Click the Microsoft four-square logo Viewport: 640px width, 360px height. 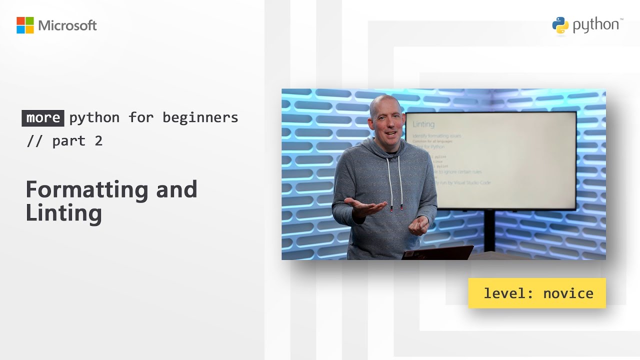pos(25,25)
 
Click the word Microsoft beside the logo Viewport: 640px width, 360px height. pos(67,25)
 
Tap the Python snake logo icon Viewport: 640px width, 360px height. pos(560,25)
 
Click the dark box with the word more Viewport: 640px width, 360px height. pos(43,118)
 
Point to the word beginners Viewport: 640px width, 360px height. pos(200,118)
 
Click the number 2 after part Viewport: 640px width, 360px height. pos(98,141)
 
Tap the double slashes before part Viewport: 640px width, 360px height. pos(34,141)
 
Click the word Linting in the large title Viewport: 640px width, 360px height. pos(64,213)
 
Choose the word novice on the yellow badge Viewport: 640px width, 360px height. pos(568,293)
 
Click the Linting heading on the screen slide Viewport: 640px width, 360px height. pos(423,124)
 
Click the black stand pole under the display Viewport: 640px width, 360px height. pos(489,230)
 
